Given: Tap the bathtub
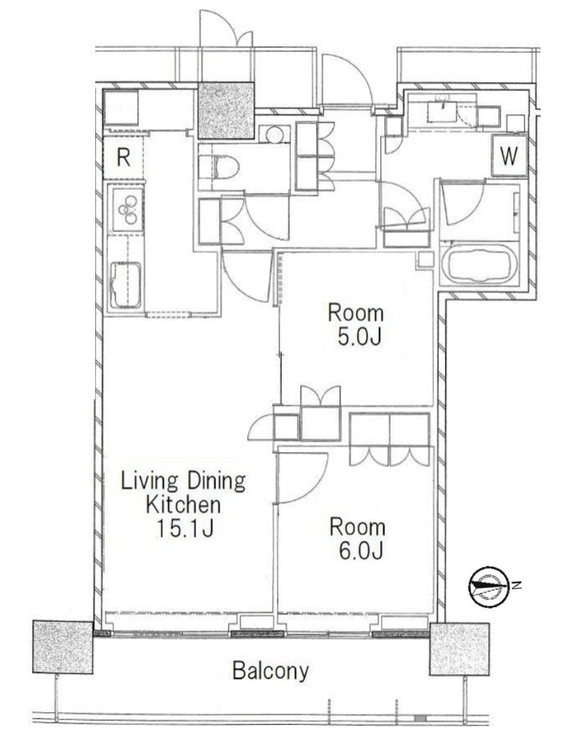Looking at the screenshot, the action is coord(479,263).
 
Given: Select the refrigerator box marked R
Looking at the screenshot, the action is coord(123,158).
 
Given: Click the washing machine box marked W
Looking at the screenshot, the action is coord(509,155).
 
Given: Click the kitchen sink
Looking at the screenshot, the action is coord(126,285).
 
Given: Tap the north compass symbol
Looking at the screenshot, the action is coord(489,586).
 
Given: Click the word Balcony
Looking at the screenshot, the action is coord(270,671).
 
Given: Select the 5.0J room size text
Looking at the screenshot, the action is coord(360,336).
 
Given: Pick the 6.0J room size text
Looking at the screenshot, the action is coord(361,551).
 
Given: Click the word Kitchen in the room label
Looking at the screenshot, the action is coord(182,504).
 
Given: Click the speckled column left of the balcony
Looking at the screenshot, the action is coord(62,647).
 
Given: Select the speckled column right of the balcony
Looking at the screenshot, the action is coord(459,649).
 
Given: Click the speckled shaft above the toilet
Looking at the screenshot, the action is coord(226,110).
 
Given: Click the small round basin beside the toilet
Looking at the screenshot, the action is coord(274,134).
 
